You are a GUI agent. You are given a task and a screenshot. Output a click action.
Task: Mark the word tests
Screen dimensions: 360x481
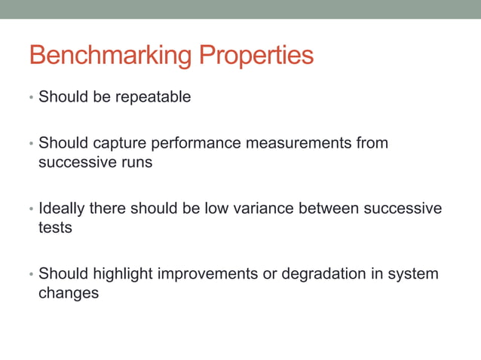point(55,227)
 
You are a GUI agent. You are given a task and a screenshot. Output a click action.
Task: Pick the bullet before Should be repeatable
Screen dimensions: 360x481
point(31,98)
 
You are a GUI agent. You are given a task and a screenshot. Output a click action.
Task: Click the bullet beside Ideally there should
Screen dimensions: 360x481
point(31,209)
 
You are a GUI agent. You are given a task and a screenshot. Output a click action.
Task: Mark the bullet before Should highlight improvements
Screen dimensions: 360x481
point(31,274)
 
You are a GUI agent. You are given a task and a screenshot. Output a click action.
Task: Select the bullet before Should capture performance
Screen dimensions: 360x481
point(31,143)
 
